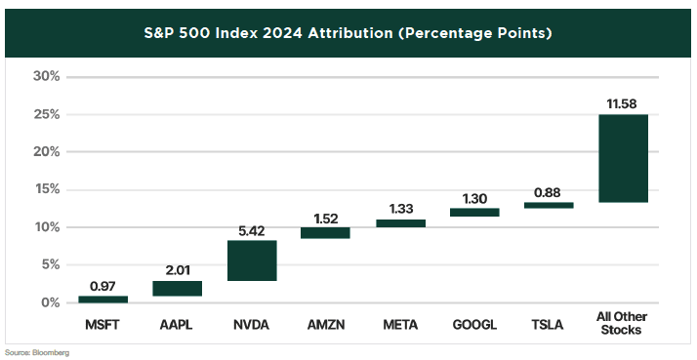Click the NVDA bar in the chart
point(252,260)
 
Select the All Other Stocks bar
point(623,158)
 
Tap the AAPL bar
point(178,289)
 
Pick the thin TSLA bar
point(549,205)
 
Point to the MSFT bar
point(103,300)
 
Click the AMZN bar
point(326,233)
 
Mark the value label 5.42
point(252,231)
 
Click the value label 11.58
point(623,104)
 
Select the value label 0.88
point(549,193)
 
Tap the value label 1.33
point(400,209)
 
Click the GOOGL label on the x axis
point(474,325)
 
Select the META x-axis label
point(400,325)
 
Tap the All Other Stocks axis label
point(622,323)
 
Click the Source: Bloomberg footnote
point(37,353)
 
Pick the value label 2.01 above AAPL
point(178,270)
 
